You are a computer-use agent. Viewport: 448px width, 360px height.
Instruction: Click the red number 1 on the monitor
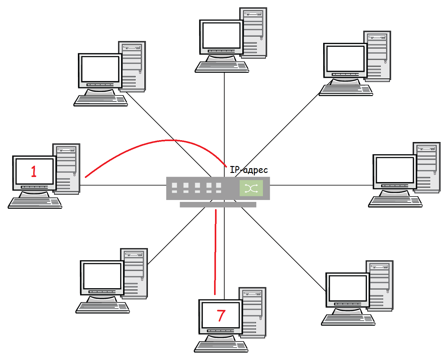34,172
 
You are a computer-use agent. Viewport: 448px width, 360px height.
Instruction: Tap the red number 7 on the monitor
221,315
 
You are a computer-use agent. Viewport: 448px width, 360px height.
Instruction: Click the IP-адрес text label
249,170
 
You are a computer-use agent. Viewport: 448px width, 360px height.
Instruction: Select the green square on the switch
251,188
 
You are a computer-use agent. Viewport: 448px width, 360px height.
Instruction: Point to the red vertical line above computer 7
215,252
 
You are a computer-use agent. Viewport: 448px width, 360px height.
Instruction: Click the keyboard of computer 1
35,203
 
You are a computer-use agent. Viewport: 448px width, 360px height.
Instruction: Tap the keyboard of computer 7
221,346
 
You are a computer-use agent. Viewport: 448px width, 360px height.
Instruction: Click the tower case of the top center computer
254,33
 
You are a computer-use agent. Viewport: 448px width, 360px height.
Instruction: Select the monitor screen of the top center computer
221,35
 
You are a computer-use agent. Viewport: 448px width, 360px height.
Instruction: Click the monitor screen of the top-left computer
100,69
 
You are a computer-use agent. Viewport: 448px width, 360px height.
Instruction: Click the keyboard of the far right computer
395,202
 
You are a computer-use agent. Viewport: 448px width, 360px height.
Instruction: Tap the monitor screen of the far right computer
395,170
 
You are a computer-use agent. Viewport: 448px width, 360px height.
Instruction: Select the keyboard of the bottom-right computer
348,320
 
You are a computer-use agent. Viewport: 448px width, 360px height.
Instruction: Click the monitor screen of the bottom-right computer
348,288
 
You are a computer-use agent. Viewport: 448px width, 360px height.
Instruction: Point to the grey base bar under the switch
218,205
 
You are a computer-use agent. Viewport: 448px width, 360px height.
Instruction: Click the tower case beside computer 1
67,169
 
